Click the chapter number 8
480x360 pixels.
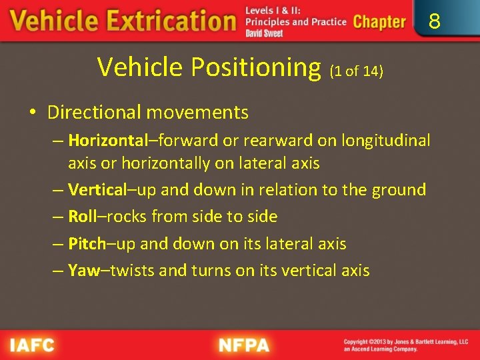(x=434, y=22)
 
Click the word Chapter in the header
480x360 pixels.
(x=379, y=22)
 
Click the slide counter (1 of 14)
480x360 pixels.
(x=356, y=70)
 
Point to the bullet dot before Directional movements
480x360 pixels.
(x=32, y=113)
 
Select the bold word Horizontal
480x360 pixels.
(x=107, y=141)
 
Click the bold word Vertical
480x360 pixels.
(x=97, y=190)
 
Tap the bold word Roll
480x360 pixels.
(x=82, y=217)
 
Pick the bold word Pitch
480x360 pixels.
(x=87, y=243)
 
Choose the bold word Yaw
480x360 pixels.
(x=83, y=270)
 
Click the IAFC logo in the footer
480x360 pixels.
(x=32, y=345)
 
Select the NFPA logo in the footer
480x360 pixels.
(x=243, y=345)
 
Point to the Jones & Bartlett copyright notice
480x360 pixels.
(x=405, y=345)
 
